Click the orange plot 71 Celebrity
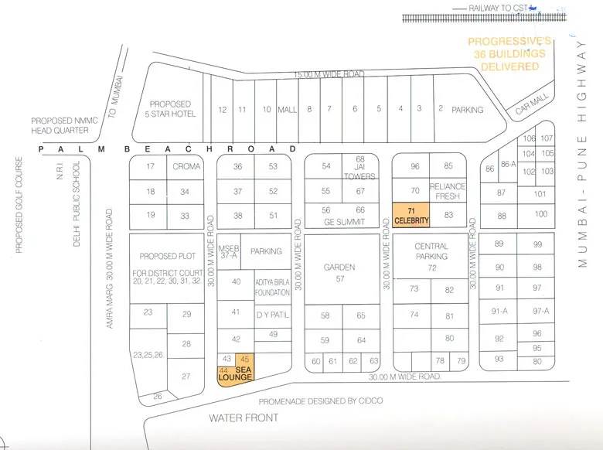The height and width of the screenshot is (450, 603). (x=411, y=215)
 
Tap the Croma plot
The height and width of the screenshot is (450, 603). (x=186, y=166)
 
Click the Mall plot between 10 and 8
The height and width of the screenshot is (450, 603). (x=287, y=110)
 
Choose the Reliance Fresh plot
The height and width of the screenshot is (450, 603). (x=448, y=191)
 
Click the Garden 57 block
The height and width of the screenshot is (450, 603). (x=339, y=272)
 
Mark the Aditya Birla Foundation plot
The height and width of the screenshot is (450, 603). (x=272, y=288)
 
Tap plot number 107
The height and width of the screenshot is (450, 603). (x=547, y=138)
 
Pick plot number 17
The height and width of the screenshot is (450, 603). (x=151, y=166)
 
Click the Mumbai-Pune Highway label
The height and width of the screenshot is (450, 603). (x=584, y=155)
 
